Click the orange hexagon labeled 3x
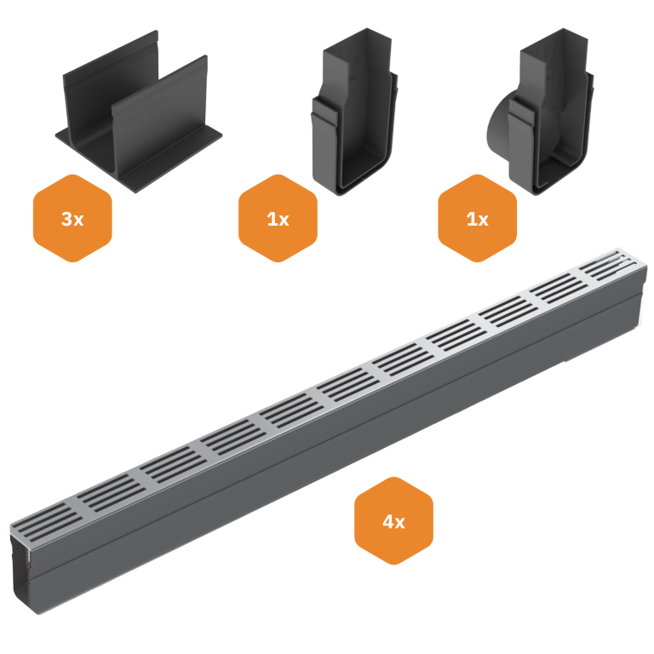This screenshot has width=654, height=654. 72,218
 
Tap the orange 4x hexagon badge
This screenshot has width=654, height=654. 393,521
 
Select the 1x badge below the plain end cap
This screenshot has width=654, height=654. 278,218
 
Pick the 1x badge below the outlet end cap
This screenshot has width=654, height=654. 477,218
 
